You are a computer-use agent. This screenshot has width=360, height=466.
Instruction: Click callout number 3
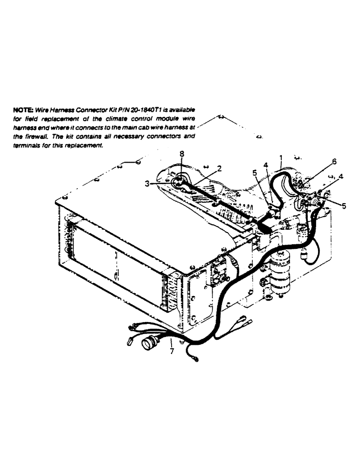[x=147, y=185]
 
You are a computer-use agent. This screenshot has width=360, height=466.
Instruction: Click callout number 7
[x=172, y=350]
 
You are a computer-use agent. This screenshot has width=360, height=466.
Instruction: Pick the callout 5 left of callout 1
[x=255, y=172]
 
